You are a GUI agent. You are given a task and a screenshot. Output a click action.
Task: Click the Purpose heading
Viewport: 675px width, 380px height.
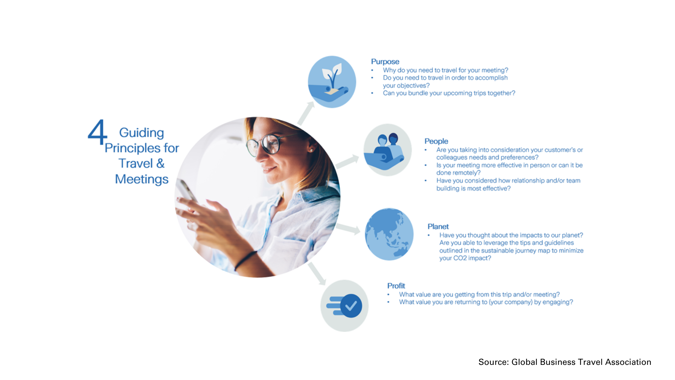click(385, 62)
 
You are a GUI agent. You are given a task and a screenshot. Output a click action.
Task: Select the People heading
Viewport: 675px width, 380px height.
click(436, 141)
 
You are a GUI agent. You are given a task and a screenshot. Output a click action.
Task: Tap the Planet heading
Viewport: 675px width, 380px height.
click(438, 227)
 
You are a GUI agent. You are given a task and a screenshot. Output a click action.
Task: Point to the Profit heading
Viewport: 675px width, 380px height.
click(396, 286)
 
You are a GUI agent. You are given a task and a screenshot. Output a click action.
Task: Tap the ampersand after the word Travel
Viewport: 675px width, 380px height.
click(160, 163)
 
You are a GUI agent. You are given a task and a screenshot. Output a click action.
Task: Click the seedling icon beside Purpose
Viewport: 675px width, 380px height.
click(332, 82)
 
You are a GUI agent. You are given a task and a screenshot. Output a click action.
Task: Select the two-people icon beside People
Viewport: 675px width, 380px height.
click(387, 150)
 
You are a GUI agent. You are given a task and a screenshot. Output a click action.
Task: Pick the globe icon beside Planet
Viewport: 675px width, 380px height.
click(389, 234)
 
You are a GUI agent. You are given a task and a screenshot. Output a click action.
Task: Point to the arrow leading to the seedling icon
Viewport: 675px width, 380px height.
click(306, 113)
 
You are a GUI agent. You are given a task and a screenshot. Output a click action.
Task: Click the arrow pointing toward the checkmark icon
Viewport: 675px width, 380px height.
click(317, 274)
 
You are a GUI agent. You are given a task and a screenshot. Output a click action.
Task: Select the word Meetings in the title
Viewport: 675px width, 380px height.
click(142, 179)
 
